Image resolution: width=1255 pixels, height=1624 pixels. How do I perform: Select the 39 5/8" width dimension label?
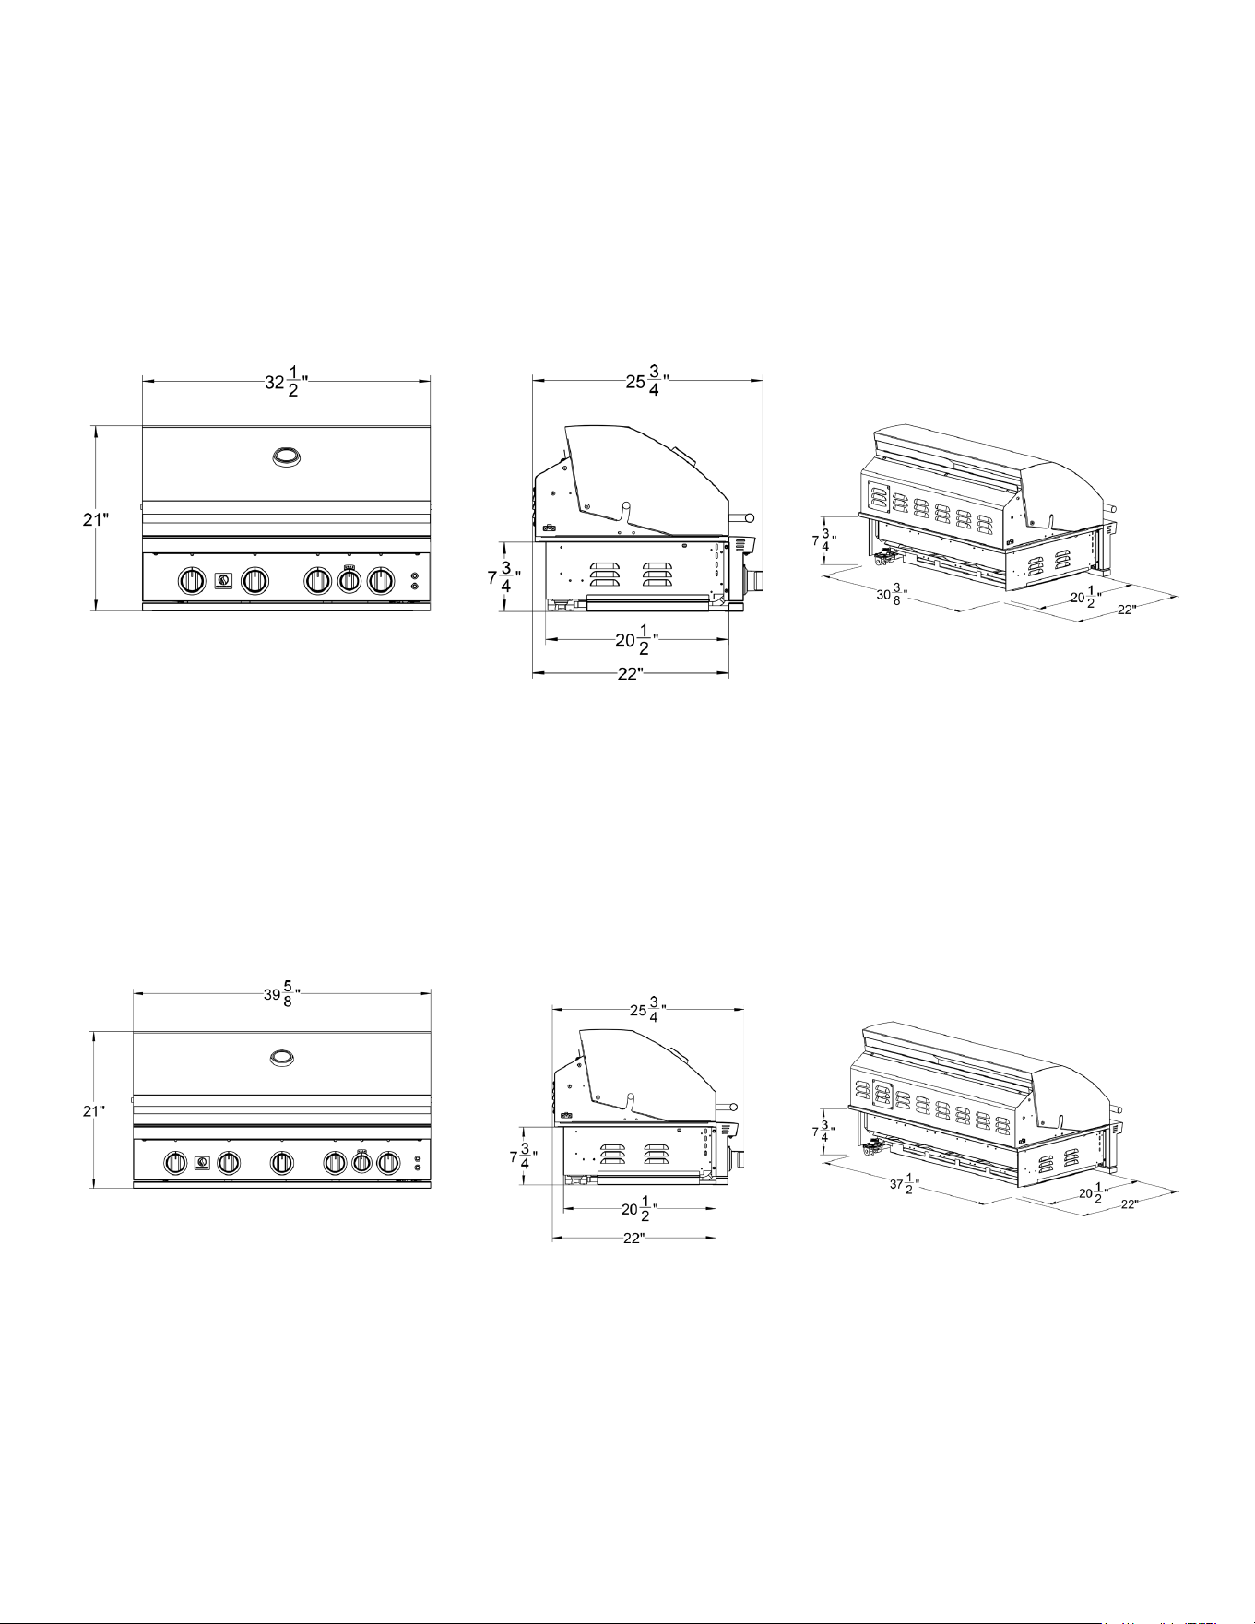coord(281,994)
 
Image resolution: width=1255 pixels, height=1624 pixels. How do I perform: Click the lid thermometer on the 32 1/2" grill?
coord(286,456)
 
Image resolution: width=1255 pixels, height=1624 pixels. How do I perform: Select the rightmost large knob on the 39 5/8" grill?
coord(389,1163)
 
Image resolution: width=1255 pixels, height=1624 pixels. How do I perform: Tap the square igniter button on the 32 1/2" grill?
coord(223,580)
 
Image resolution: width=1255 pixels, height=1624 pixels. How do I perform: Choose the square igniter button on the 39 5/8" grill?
coord(202,1163)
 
